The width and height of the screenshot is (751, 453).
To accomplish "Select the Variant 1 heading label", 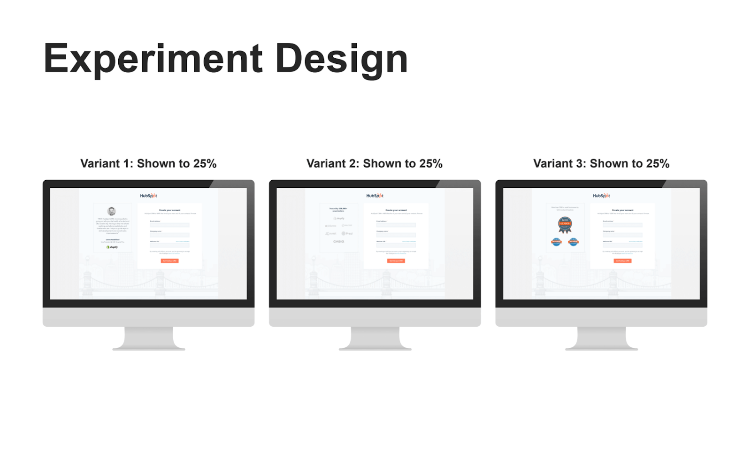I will [148, 163].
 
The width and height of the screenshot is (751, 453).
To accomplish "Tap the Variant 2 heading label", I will [375, 163].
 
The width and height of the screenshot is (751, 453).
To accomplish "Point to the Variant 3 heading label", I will [601, 163].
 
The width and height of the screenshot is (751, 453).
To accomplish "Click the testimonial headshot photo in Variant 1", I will [112, 211].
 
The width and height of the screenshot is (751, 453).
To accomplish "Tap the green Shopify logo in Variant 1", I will [112, 247].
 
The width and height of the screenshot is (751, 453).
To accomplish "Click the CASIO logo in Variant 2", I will [338, 241].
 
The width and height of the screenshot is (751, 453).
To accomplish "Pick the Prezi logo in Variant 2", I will [347, 233].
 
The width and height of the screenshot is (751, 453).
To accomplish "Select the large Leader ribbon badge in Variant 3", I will [565, 224].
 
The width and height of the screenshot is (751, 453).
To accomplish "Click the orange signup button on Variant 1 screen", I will [169, 261].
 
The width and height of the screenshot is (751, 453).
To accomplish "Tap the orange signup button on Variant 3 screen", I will [622, 261].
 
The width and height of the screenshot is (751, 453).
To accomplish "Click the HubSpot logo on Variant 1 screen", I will [148, 196].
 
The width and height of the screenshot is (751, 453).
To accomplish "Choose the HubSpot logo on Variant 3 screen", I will [601, 196].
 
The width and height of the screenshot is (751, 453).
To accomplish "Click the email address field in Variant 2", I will [396, 225].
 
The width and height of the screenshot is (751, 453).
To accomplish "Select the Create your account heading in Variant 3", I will [622, 210].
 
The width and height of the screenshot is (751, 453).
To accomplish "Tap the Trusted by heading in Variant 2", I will [338, 209].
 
